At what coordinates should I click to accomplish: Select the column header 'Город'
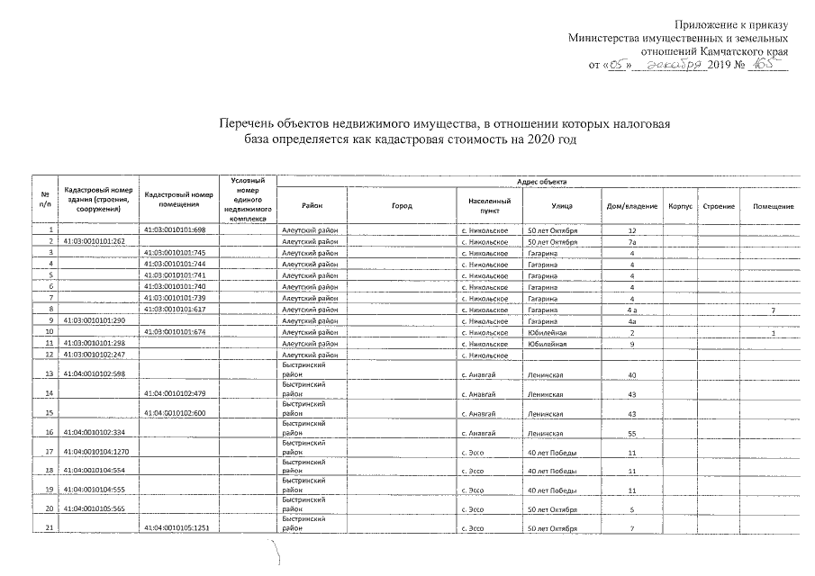[402, 206]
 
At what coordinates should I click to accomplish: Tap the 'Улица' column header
[563, 206]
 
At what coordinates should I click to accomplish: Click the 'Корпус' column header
[679, 206]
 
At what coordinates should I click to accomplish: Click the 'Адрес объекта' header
[538, 181]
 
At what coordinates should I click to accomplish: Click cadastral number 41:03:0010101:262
[94, 242]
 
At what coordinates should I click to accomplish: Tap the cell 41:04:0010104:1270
[95, 452]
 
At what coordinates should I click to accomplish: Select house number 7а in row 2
[632, 242]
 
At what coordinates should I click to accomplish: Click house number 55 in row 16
[632, 433]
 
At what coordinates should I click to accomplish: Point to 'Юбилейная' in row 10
[547, 332]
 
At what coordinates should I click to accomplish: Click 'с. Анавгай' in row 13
[477, 374]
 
